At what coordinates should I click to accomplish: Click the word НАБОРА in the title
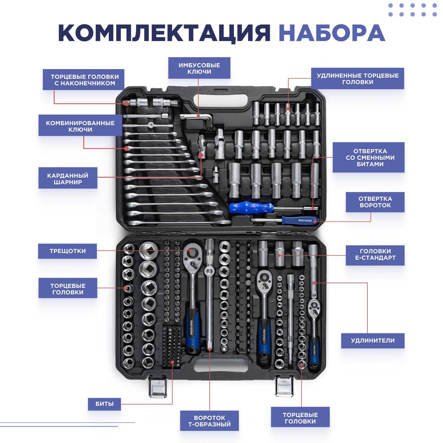(x=332, y=33)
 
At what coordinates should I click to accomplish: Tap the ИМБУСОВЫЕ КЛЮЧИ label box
(x=199, y=68)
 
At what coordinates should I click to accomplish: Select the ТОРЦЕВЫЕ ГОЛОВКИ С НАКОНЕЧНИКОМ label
(x=84, y=80)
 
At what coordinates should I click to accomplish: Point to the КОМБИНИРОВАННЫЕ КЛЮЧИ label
(x=80, y=126)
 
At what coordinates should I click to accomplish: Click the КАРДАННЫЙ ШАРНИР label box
(x=68, y=178)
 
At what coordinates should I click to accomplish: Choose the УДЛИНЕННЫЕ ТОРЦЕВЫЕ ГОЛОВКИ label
(x=358, y=79)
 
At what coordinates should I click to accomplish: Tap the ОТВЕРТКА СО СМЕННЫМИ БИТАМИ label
(x=369, y=157)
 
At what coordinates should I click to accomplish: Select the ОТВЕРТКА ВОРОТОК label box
(x=375, y=202)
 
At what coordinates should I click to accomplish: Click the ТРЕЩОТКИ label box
(x=68, y=251)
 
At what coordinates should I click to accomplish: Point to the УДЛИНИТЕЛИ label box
(x=373, y=341)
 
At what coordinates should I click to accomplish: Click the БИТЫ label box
(x=105, y=404)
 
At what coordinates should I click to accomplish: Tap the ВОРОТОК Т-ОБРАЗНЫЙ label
(x=209, y=421)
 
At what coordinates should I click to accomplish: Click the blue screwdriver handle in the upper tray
(x=251, y=208)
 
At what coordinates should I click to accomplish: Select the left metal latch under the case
(x=157, y=387)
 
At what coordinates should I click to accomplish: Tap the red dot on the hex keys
(x=198, y=116)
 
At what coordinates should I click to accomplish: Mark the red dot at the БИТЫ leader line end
(x=172, y=362)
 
